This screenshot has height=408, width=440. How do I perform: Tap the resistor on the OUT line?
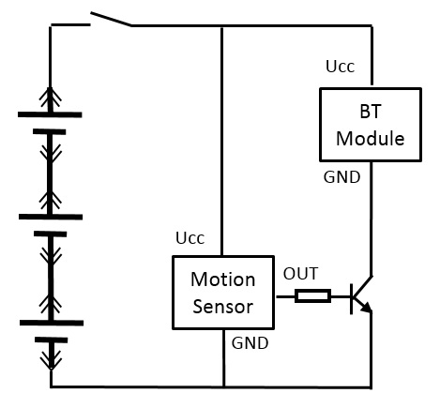pos(312,296)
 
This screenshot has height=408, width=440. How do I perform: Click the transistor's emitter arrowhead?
pos(367,307)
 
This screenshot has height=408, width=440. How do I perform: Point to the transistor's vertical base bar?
pos(352,299)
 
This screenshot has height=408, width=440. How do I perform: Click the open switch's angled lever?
pos(111,19)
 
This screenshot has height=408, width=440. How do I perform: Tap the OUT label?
pos(300,274)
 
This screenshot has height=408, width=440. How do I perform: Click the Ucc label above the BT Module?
pos(341,67)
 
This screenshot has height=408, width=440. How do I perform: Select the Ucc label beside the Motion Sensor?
pos(190,238)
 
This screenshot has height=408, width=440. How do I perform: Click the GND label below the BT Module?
pos(341,177)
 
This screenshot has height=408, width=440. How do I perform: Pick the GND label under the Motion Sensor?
pos(250,343)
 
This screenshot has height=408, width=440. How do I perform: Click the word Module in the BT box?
pos(371,138)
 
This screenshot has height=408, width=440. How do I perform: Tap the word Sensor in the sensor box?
pos(222,307)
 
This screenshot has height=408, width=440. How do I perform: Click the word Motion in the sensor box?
pos(223,279)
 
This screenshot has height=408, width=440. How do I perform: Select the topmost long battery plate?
pos(50,114)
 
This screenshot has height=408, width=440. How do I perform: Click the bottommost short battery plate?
pos(51,340)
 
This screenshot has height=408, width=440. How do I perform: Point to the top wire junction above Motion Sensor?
pos(222,26)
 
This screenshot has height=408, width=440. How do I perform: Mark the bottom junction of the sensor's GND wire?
pos(224,387)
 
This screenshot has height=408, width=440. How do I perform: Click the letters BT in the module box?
pos(371,112)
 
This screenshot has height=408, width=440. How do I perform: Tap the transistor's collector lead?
pos(362,286)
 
